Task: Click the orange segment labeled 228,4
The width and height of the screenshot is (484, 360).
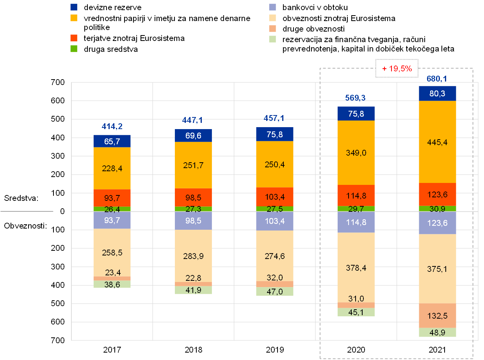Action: (112, 168)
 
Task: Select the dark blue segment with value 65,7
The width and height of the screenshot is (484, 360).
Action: (112, 141)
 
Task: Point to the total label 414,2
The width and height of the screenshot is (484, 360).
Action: (112, 126)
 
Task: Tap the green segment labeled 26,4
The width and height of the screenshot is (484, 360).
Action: (112, 209)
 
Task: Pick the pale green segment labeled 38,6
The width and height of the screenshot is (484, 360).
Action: (112, 284)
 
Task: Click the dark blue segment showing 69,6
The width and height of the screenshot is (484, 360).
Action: (193, 136)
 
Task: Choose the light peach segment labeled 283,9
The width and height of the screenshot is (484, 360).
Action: (193, 256)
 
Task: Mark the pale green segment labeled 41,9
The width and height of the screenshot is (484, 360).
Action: (193, 290)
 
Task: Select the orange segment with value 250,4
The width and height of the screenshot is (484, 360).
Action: (275, 164)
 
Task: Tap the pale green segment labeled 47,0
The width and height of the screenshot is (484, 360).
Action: (275, 291)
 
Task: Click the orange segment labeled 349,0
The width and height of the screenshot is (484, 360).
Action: (356, 153)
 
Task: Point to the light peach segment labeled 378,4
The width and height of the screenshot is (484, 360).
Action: (356, 267)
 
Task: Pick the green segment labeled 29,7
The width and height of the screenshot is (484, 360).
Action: (356, 209)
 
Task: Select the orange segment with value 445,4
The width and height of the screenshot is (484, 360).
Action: (438, 142)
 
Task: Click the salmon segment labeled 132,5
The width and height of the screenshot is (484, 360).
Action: (438, 316)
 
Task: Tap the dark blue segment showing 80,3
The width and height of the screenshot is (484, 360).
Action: (438, 94)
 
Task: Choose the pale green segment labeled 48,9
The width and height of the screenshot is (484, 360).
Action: (438, 332)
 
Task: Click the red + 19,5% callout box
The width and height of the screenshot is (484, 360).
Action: (397, 69)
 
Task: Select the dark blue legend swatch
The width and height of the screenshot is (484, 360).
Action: (74, 7)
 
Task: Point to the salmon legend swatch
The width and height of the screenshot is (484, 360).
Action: (273, 28)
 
